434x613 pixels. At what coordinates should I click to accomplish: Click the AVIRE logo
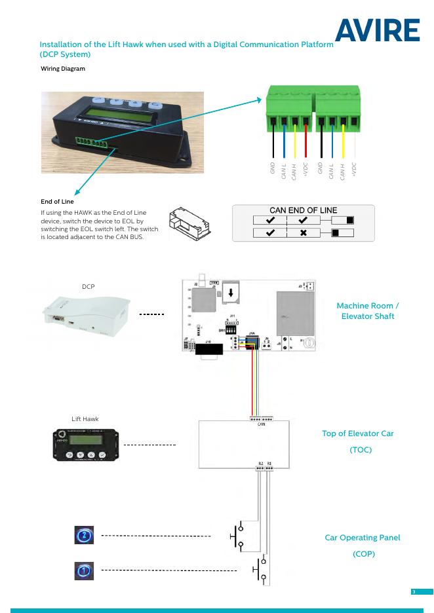379,31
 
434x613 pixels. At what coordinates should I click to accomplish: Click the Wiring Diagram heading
63,69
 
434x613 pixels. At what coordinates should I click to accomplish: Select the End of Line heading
57,202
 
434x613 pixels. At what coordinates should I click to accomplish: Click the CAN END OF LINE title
304,210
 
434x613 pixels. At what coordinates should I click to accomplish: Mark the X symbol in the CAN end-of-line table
303,232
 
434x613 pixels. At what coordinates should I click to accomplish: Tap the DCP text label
89,287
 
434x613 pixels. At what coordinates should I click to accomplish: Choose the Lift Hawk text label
85,418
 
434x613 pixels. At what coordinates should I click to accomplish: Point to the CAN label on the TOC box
260,424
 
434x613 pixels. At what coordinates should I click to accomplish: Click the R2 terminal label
260,463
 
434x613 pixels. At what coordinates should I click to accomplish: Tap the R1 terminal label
269,463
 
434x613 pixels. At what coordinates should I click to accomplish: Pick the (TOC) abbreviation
357,450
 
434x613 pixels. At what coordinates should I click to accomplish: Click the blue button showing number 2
83,536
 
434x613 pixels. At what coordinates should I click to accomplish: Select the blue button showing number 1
83,571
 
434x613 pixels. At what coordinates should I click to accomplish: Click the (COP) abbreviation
362,554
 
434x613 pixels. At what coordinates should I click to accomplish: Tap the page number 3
414,592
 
